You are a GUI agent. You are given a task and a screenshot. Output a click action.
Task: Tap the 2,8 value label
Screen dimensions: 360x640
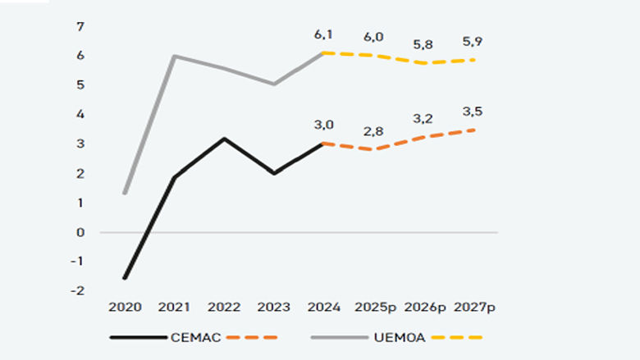click(375, 132)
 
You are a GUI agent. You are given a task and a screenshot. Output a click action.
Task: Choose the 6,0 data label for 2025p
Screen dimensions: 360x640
click(375, 38)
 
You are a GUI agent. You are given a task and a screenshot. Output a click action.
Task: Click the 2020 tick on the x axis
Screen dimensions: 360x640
click(126, 307)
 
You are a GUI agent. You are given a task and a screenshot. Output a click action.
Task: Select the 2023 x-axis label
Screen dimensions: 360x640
click(273, 307)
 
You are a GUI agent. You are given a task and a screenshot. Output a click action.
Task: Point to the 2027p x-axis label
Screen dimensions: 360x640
click(473, 307)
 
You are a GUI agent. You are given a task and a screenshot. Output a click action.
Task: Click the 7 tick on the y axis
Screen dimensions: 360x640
click(80, 26)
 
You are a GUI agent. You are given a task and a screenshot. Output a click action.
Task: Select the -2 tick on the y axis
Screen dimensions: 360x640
click(79, 291)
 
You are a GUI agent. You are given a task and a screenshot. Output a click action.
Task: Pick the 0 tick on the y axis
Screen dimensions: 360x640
click(80, 232)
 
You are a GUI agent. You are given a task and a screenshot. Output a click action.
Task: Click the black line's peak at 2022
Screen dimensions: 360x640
click(224, 139)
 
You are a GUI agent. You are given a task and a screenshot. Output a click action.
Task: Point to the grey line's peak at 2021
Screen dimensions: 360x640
click(174, 56)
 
